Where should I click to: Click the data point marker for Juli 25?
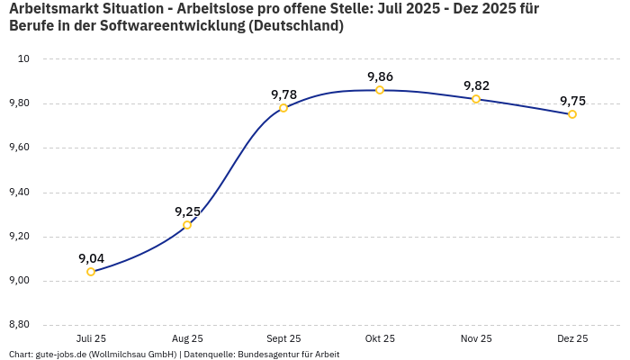91,272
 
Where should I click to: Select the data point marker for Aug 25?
187,225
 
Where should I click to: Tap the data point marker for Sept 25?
283,108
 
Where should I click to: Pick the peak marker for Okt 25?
380,90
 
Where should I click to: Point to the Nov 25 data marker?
476,99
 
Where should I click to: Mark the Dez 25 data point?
572,114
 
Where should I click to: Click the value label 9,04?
91,258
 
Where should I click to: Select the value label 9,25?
187,211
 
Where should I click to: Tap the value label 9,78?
283,94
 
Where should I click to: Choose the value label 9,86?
380,76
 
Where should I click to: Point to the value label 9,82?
476,85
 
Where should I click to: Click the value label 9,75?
572,101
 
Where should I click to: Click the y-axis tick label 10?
24,58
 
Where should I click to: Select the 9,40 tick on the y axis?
19,192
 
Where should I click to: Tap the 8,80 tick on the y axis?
19,325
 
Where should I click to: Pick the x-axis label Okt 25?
380,338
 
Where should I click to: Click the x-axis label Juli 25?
91,338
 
